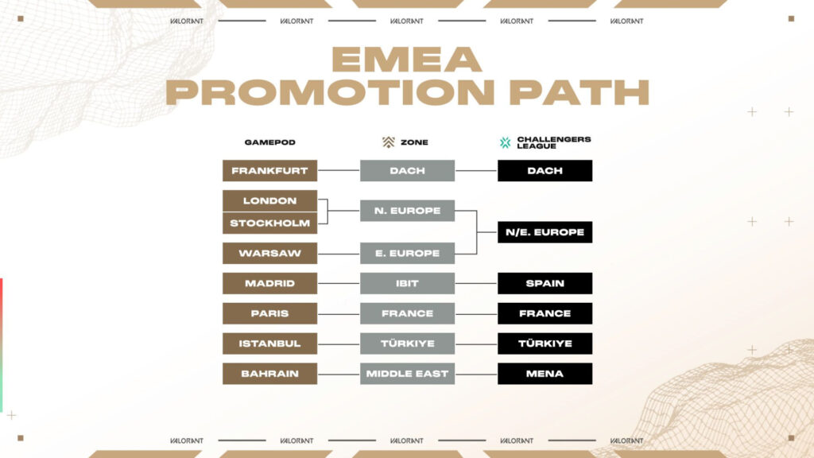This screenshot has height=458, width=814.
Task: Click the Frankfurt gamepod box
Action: (269, 170)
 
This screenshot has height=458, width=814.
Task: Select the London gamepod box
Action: (269, 200)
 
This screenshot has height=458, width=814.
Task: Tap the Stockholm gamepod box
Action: (269, 223)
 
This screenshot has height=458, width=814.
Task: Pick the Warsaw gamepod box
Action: (269, 253)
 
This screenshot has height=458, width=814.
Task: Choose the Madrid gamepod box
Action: (269, 283)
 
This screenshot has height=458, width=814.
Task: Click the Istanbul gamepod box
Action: (269, 343)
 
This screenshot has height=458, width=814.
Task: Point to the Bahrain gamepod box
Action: (269, 374)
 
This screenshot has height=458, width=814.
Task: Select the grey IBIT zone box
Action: (407, 283)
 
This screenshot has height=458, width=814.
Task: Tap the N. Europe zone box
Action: (407, 211)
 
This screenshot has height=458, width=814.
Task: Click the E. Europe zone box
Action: (407, 253)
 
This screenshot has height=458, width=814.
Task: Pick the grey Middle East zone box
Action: (407, 374)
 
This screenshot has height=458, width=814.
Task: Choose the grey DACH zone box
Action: (407, 170)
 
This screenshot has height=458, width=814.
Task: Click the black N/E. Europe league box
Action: (545, 232)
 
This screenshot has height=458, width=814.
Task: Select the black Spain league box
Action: (545, 283)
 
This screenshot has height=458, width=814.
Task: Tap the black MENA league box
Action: (545, 374)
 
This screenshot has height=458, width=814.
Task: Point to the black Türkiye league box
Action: (545, 343)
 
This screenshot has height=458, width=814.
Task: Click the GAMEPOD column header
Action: (269, 142)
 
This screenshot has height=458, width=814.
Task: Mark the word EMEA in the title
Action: (406, 60)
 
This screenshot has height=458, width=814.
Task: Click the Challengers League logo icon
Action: (505, 142)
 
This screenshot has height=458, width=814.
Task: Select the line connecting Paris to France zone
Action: (339, 313)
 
